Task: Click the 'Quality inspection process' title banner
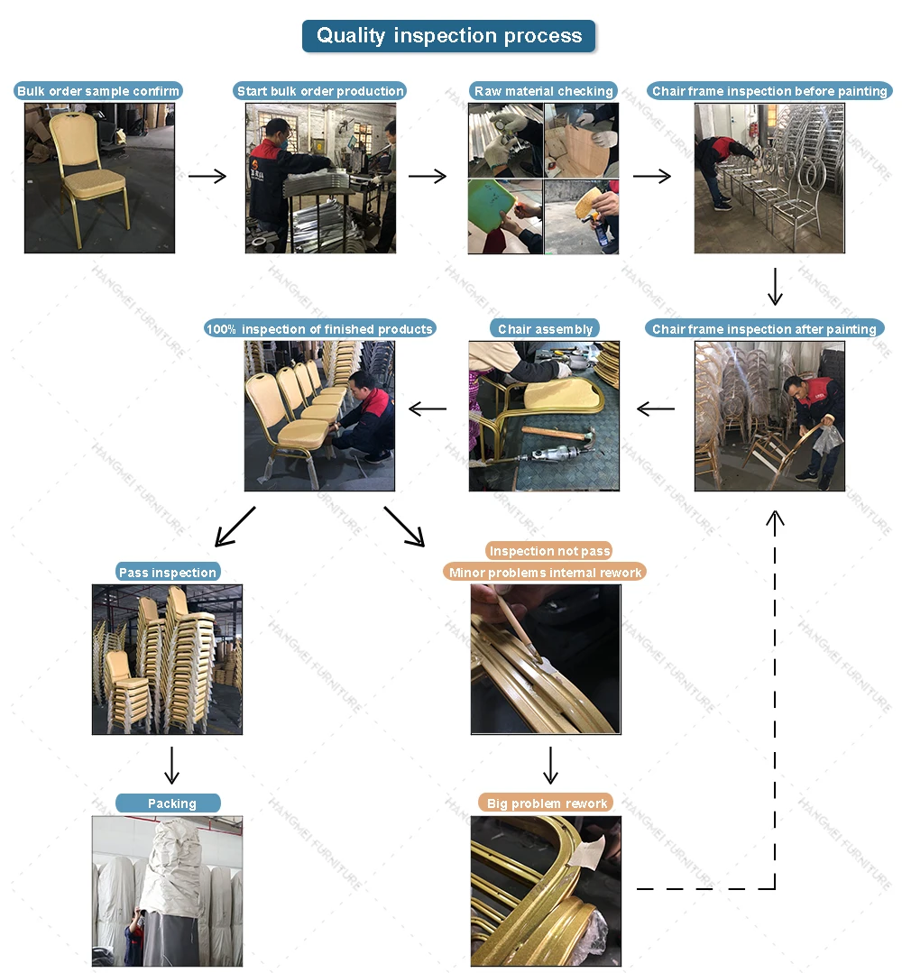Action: point(448,36)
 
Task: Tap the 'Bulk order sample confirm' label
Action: point(99,91)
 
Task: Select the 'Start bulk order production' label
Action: point(320,91)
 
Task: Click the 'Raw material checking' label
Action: point(543,91)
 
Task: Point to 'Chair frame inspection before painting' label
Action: point(769,91)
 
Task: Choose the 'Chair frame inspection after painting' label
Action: point(764,329)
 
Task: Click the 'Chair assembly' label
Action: point(545,329)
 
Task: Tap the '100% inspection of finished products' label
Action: point(320,329)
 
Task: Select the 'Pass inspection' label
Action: point(168,573)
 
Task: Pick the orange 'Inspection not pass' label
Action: point(548,551)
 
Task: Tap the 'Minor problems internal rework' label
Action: point(546,573)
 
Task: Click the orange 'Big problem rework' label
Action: point(547,803)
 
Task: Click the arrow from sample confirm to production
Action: point(207,177)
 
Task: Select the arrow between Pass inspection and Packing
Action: point(171,765)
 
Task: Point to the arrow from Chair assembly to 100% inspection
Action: point(428,409)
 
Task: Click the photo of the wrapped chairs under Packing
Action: point(167,891)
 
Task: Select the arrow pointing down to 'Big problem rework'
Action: point(550,765)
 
